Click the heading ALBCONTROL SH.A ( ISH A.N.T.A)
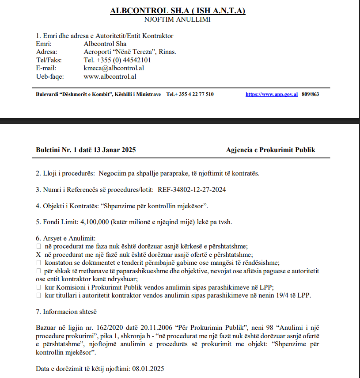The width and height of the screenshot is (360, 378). (x=178, y=11)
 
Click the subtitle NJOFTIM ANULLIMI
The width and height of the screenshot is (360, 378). (x=178, y=19)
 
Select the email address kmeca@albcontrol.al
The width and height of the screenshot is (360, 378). (x=114, y=68)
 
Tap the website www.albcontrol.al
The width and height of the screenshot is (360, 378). (x=110, y=76)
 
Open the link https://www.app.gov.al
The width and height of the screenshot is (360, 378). (x=272, y=94)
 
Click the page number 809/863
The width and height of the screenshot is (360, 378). (x=310, y=94)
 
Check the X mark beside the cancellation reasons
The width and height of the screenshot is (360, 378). (x=38, y=254)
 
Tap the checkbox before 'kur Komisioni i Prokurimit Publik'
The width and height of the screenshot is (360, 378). (x=38, y=287)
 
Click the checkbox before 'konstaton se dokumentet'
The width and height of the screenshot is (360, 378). (x=38, y=263)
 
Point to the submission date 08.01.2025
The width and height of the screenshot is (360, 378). (x=148, y=369)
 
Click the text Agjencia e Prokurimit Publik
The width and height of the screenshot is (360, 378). (x=270, y=150)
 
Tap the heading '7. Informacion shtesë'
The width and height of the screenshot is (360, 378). (x=66, y=312)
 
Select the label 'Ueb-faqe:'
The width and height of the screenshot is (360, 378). (x=49, y=76)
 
